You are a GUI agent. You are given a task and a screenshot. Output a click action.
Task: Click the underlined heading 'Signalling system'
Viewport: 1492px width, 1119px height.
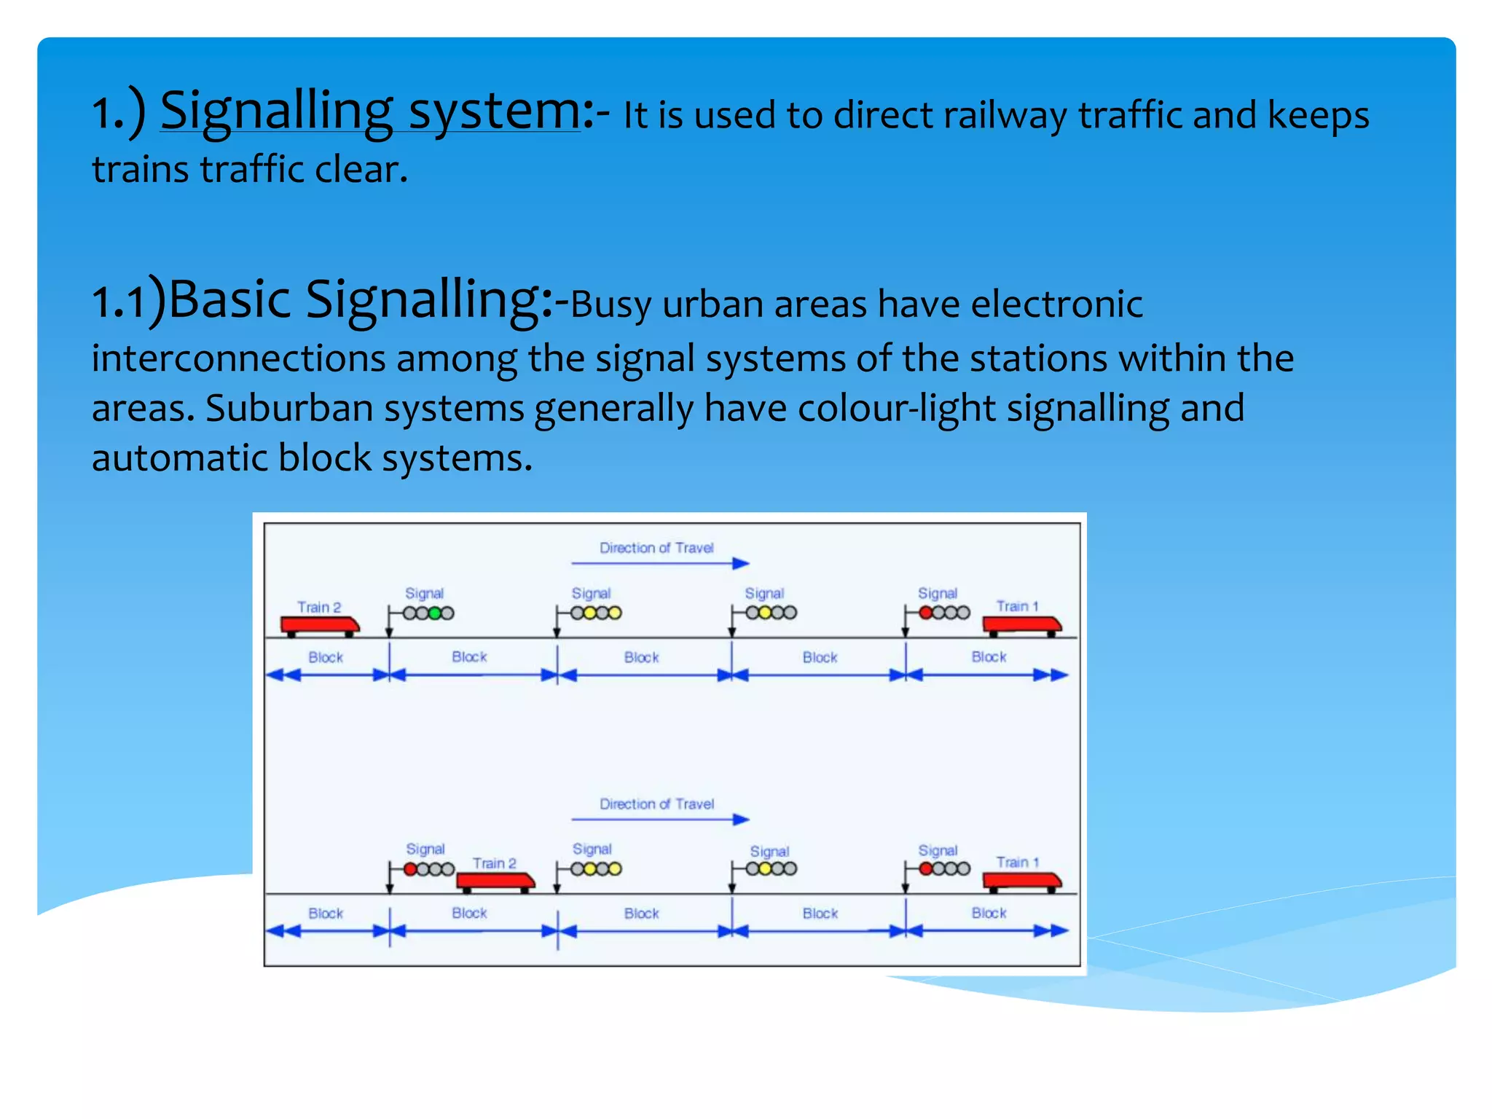370,111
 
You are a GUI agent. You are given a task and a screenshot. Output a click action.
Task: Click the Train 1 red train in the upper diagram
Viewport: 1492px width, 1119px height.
1021,625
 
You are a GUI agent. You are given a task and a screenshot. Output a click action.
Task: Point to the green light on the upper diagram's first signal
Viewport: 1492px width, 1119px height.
435,613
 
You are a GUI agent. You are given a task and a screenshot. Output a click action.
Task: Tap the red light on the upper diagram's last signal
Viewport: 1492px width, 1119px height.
926,613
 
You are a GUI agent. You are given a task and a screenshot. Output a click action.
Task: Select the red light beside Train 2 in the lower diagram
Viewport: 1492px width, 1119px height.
411,869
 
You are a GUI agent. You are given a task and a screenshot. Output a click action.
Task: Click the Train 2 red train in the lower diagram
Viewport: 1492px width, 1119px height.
495,882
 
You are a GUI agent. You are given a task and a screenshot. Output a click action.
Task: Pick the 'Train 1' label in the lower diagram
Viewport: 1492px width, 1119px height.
1017,863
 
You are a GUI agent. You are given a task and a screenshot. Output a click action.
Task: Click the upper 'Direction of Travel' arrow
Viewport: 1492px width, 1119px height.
660,563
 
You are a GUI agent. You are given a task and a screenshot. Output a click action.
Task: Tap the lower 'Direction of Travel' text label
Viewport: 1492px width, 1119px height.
656,804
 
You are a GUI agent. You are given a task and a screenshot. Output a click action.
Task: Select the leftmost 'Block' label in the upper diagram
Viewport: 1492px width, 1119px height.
325,657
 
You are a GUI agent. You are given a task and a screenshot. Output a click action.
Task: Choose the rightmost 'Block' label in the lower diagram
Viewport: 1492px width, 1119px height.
989,913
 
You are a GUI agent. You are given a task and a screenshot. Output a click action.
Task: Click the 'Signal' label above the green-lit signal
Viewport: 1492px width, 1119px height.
424,593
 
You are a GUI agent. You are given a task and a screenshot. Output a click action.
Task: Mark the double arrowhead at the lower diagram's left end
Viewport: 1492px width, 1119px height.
283,931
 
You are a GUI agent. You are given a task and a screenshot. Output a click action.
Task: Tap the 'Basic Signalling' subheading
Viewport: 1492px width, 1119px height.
360,299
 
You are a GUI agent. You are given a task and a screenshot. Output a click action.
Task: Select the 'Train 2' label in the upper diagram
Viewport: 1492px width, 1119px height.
319,607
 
